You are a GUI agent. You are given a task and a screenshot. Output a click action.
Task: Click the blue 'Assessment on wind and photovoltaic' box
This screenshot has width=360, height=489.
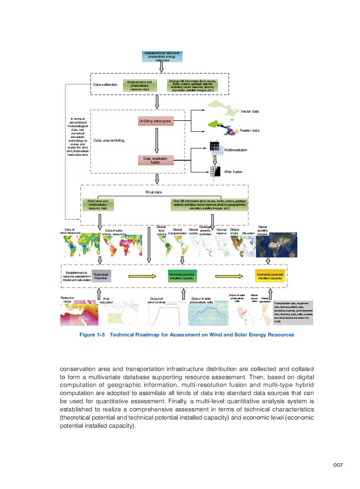[x=162, y=56]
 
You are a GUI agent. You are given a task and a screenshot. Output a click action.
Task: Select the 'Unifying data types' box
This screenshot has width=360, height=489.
[x=155, y=121]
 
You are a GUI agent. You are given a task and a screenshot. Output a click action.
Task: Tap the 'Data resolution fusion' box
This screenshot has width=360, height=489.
[x=155, y=160]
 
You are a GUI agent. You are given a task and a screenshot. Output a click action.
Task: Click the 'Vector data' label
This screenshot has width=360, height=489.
[x=249, y=111]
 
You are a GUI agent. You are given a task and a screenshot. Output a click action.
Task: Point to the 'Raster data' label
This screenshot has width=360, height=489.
[x=250, y=130]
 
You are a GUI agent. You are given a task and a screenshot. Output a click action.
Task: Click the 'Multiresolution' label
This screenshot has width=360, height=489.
[x=236, y=150]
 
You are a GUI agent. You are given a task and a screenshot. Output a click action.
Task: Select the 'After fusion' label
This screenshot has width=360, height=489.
[x=233, y=172]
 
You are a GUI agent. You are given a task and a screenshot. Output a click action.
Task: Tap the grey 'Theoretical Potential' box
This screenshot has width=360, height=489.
[x=101, y=275]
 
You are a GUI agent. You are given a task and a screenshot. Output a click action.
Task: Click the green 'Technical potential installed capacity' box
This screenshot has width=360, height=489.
[x=182, y=276]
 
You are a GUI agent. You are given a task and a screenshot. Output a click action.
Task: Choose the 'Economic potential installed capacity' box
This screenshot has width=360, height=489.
[x=270, y=276]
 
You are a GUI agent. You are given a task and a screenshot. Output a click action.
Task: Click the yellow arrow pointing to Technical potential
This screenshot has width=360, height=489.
[x=143, y=276]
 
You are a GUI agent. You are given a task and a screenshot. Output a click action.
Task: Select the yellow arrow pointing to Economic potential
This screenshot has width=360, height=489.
[x=229, y=276]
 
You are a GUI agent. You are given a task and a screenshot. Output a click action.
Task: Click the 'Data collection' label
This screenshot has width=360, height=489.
[x=105, y=84]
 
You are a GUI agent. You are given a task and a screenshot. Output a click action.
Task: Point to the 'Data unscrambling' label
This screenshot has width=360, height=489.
[x=108, y=140]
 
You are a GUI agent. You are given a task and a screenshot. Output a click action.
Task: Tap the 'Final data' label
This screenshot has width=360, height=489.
[x=153, y=193]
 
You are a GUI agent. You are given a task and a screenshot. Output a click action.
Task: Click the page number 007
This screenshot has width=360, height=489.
[x=337, y=464]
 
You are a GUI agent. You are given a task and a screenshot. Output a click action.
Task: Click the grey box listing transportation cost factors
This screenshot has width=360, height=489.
[x=293, y=312]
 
